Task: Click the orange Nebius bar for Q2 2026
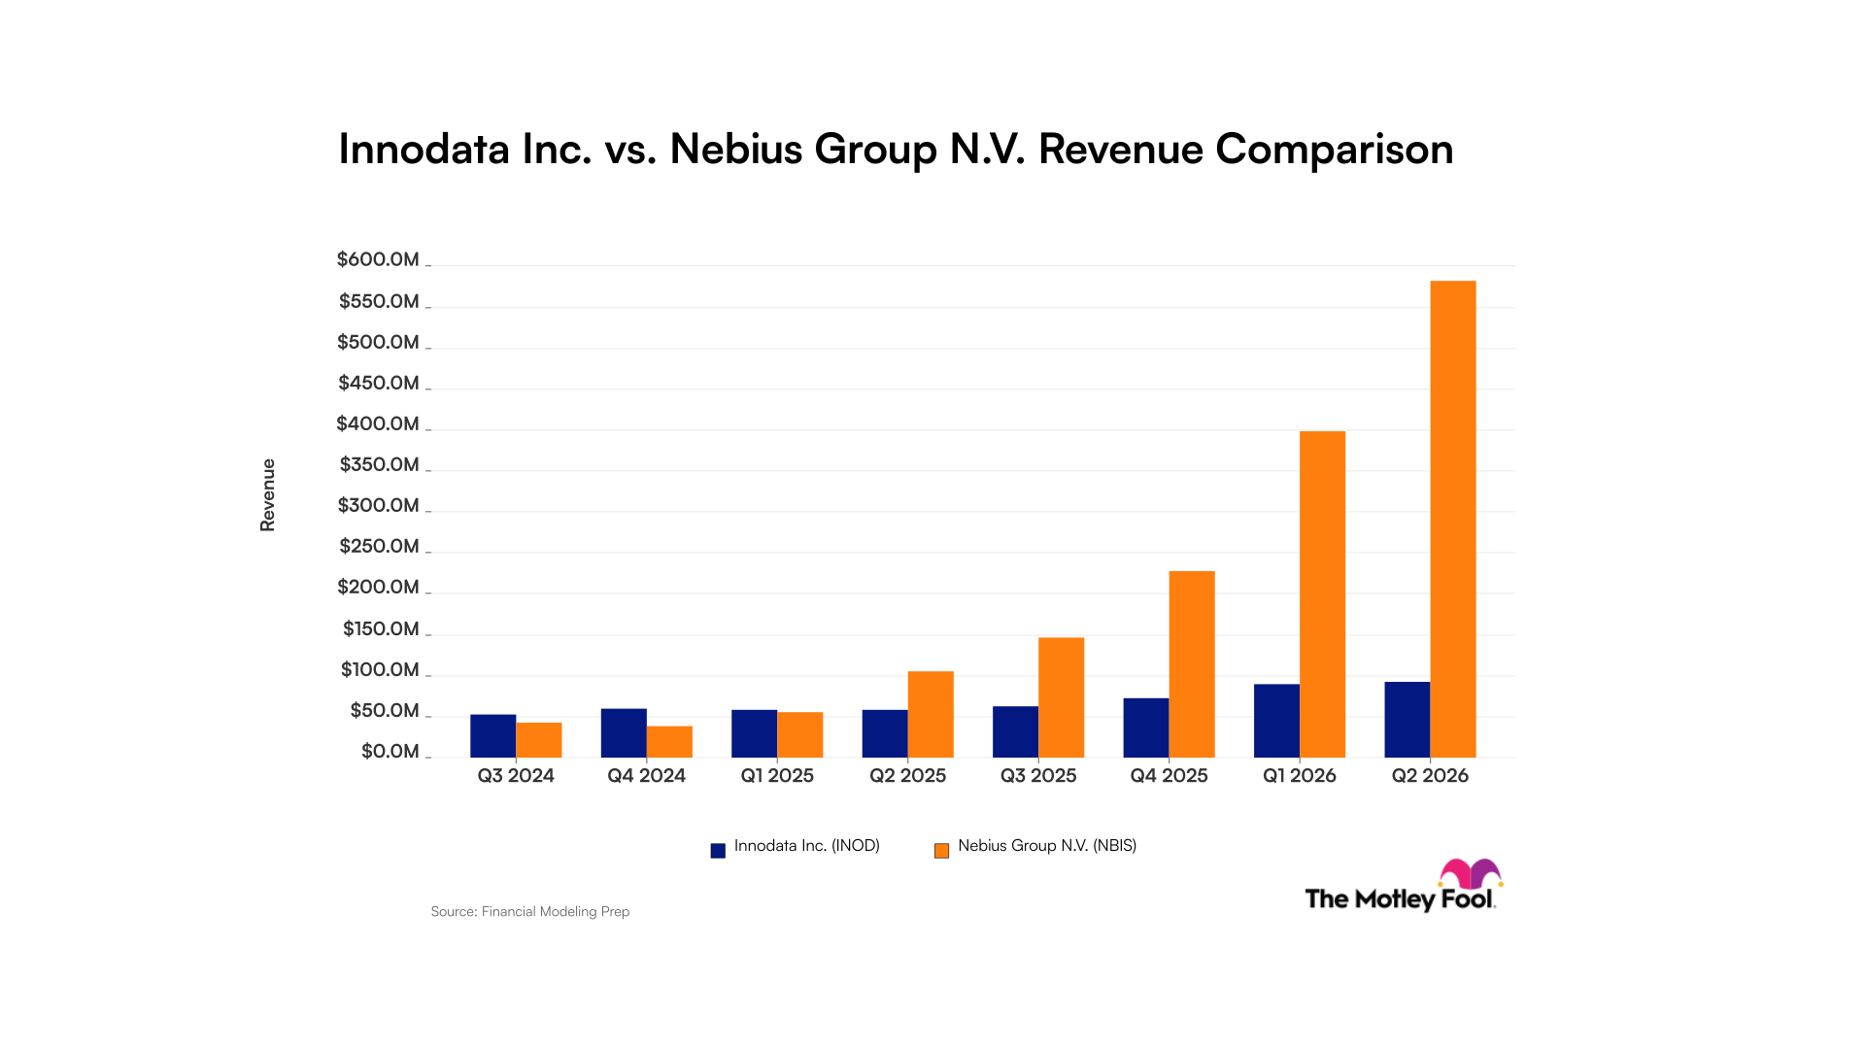(x=1453, y=520)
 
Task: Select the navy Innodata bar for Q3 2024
(x=493, y=736)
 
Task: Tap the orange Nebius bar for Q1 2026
(x=1323, y=594)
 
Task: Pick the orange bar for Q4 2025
(x=1192, y=664)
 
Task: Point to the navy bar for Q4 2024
(x=624, y=733)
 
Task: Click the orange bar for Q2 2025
(x=931, y=715)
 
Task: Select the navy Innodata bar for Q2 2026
(x=1407, y=720)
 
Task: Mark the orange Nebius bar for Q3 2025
(x=1062, y=697)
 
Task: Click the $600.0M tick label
(x=378, y=259)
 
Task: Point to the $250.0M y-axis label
(x=379, y=546)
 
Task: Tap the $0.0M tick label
(x=390, y=751)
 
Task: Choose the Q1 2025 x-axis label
(x=777, y=775)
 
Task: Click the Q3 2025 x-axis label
(x=1038, y=775)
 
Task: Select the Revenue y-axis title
(x=267, y=495)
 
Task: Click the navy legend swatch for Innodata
(x=718, y=851)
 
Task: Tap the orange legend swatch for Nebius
(x=941, y=851)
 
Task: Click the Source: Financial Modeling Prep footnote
(x=530, y=911)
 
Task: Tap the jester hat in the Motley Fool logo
(x=1471, y=873)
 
